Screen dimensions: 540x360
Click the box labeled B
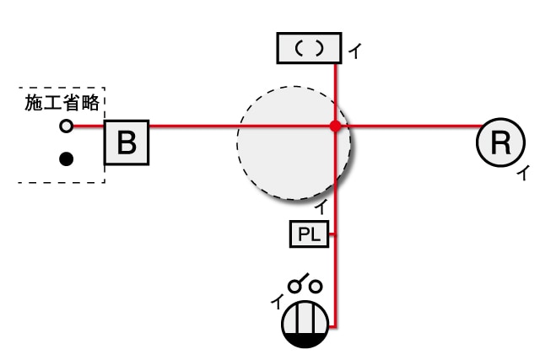point(127,142)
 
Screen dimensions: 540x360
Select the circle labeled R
point(500,142)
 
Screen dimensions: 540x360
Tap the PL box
point(310,234)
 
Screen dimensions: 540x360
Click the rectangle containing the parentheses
point(310,48)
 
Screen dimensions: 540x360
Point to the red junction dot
point(335,126)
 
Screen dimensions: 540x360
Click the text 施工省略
point(62,103)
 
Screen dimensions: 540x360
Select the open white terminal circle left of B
point(66,126)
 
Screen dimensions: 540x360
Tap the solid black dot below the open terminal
point(66,159)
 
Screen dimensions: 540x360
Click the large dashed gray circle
point(294,142)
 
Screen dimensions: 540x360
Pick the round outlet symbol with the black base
point(305,324)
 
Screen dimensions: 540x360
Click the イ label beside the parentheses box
point(355,51)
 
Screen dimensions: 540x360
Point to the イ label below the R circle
point(522,173)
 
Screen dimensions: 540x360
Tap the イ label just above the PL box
point(321,207)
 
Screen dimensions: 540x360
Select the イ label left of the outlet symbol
point(277,302)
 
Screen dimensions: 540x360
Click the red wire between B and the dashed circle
point(193,126)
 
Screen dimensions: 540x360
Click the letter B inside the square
point(127,142)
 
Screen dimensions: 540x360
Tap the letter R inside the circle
point(500,142)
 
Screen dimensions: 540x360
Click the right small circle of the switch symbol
point(315,287)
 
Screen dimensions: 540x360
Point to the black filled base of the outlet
point(305,340)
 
